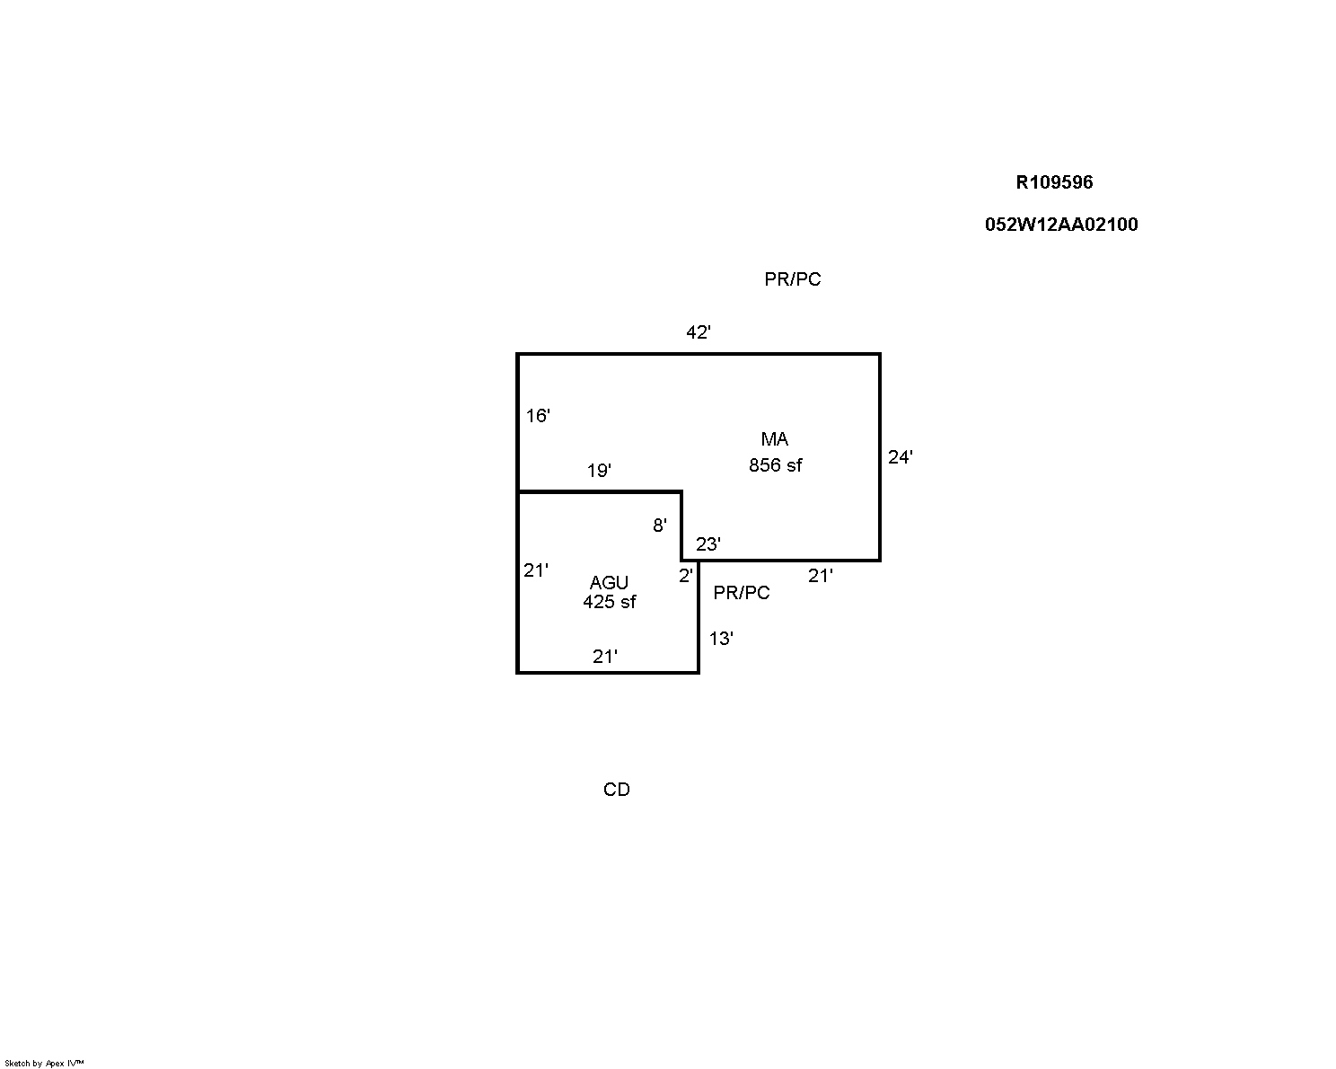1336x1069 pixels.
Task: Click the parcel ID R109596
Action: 1054,182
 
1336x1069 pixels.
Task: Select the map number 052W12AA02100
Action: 1061,225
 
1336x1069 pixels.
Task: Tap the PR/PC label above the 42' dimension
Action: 792,279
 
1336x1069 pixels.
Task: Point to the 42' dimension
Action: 698,332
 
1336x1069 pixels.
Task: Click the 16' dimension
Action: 538,416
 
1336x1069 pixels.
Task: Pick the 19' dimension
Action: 599,470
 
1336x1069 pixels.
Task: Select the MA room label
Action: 775,439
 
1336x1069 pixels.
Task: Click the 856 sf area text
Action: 775,465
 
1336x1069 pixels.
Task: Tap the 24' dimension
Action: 901,457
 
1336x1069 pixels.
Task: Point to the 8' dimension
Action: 660,526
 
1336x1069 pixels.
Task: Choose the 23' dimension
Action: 708,544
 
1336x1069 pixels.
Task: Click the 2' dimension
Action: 686,576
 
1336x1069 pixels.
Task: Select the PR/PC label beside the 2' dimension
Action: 742,593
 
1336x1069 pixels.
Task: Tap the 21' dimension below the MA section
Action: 820,576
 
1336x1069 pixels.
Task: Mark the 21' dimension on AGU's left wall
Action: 536,570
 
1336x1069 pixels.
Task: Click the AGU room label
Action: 609,583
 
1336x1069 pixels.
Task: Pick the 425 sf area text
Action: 609,601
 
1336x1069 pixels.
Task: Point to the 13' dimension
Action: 721,639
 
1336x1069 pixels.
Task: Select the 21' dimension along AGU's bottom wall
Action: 604,657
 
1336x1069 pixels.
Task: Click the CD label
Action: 617,790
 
